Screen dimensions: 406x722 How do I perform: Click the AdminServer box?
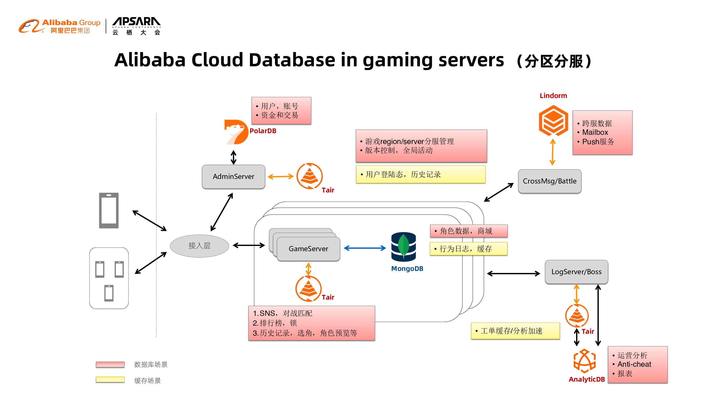click(x=233, y=176)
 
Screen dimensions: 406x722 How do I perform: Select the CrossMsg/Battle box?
click(x=549, y=181)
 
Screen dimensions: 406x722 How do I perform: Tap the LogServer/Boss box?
click(x=576, y=271)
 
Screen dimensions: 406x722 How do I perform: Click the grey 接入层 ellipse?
click(x=199, y=246)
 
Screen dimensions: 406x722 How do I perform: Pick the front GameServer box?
click(x=308, y=249)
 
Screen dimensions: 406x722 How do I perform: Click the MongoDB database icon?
click(x=403, y=247)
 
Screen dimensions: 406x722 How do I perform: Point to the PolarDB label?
click(x=263, y=131)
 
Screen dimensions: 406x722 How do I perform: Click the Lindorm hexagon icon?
click(x=553, y=120)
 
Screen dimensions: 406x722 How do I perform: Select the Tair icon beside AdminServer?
click(x=309, y=176)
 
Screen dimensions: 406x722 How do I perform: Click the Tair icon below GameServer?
click(x=308, y=288)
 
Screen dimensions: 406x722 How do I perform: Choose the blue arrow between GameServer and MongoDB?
click(x=365, y=248)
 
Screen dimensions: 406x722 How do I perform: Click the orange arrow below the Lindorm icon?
click(x=553, y=152)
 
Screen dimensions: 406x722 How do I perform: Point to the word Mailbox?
click(x=595, y=132)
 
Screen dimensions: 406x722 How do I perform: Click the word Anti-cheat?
click(x=634, y=364)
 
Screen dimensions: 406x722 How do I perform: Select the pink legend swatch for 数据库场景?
click(x=110, y=364)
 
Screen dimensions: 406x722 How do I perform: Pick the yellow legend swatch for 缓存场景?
click(x=110, y=380)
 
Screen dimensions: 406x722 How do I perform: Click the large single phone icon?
click(x=109, y=210)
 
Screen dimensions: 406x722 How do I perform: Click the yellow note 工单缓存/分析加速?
click(x=515, y=331)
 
